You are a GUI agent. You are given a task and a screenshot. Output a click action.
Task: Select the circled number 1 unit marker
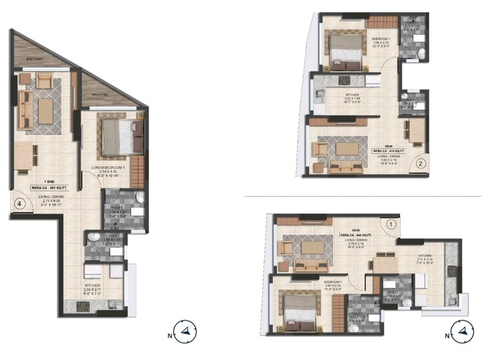click(x=391, y=224)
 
